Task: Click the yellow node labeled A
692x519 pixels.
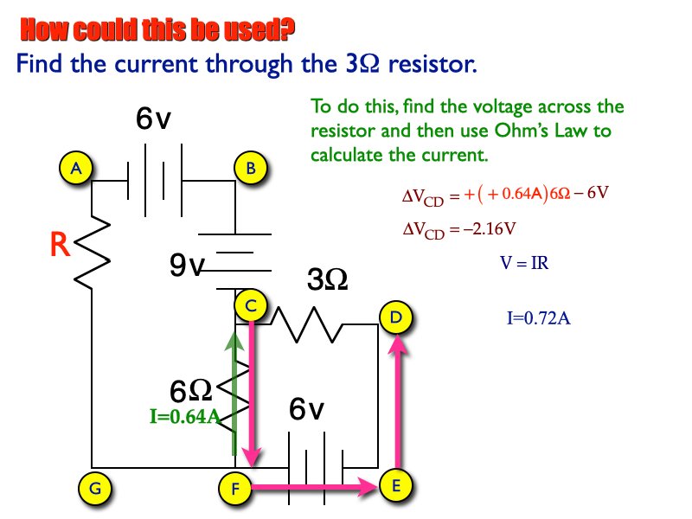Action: (76, 168)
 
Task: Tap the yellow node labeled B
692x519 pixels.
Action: (250, 168)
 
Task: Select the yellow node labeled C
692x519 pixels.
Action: (250, 305)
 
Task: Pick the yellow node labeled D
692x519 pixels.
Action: (395, 317)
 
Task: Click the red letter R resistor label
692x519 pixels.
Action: (60, 247)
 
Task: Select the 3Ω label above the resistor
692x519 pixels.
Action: (328, 279)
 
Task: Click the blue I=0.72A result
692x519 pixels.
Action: (538, 318)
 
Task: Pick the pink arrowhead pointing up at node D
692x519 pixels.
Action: (397, 344)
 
